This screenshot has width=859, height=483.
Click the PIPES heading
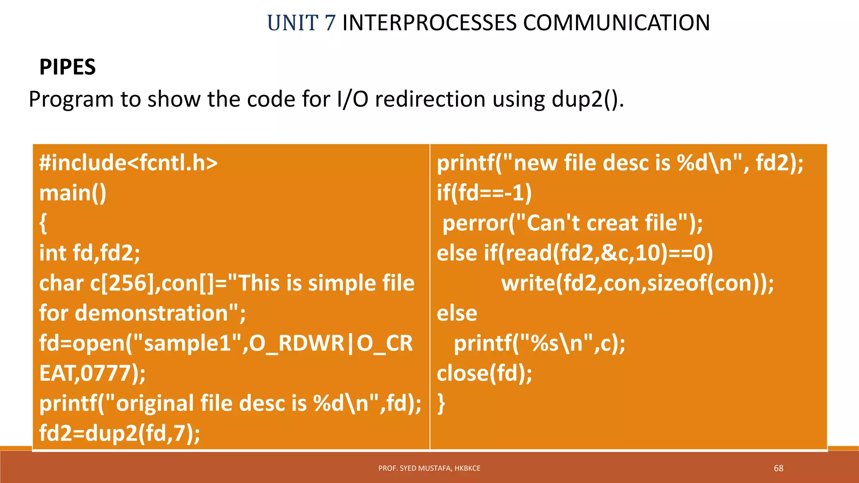coord(68,67)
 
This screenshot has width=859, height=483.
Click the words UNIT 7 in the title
coord(301,23)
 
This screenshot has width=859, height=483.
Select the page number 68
coord(778,468)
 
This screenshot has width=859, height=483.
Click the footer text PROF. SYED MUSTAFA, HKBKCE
coord(429,468)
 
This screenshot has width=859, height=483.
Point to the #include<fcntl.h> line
coord(128,163)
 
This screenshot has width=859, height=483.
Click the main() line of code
coord(73,193)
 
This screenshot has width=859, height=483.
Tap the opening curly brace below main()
coord(43,223)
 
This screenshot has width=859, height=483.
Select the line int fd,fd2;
coord(90,253)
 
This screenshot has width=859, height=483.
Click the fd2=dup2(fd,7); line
coord(120,433)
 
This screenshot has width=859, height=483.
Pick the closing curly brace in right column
coord(441,403)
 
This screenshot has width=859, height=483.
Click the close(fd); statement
coord(484,373)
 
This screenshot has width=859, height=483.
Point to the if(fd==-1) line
coord(484,193)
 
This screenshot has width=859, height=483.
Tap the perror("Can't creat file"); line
coord(573,223)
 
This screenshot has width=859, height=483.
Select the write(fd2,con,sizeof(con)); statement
coord(638,283)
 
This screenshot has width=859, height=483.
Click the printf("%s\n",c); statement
coord(539,343)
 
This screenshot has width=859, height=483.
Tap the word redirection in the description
coord(430,99)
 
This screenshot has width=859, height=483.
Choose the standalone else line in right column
coord(457,313)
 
